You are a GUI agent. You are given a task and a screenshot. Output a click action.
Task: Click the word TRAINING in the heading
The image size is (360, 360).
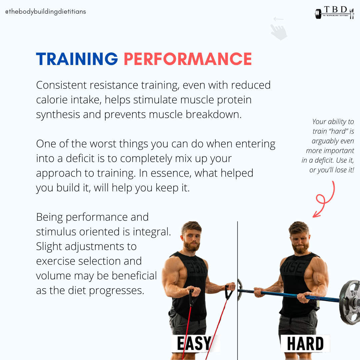(77, 59)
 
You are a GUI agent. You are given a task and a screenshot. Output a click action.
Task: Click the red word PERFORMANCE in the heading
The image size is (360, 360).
(188, 59)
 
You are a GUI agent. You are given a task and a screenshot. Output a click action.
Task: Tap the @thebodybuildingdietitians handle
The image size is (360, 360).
(46, 12)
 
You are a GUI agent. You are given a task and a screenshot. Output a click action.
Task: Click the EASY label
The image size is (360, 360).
(194, 344)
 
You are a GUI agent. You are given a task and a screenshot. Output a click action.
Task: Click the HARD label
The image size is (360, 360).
(305, 344)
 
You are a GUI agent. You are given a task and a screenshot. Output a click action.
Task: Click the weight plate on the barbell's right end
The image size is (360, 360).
(350, 302)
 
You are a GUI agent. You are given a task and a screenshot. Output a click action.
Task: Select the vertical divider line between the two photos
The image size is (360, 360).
(237, 290)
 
